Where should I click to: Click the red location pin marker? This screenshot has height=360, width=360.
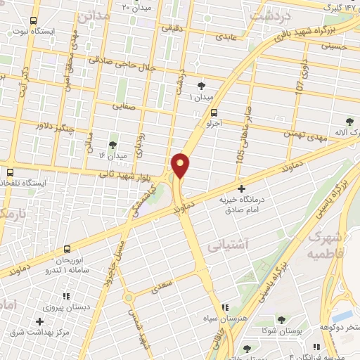[181, 165]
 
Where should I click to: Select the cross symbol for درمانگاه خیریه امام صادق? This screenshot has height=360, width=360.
[242, 188]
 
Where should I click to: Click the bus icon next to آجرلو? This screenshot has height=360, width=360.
[214, 112]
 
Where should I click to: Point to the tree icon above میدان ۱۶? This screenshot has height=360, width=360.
[113, 143]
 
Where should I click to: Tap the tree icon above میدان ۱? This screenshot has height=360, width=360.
[203, 85]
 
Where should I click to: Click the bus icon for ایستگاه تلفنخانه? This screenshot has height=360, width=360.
[10, 172]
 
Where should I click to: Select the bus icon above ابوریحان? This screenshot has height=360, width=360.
[67, 249]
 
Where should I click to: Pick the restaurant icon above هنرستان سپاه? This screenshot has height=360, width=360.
[225, 307]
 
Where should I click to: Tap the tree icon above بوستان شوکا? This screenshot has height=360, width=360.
[281, 320]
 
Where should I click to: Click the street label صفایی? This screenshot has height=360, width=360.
[125, 107]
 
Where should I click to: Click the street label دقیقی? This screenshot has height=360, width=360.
[171, 28]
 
